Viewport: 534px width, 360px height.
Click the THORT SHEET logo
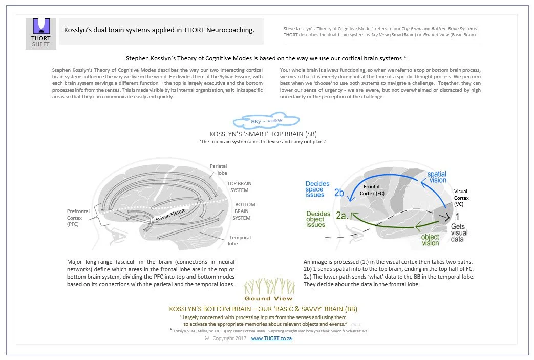pos(41,33)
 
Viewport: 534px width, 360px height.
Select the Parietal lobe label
pos(218,170)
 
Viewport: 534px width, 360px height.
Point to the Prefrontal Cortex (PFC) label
pos(78,218)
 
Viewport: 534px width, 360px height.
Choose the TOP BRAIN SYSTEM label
pos(239,187)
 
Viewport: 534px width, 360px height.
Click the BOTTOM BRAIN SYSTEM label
pos(244,211)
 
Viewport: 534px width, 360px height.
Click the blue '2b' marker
pos(339,193)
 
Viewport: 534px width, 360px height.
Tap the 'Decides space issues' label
pos(315,188)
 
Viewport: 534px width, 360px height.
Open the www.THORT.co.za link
pos(271,338)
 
